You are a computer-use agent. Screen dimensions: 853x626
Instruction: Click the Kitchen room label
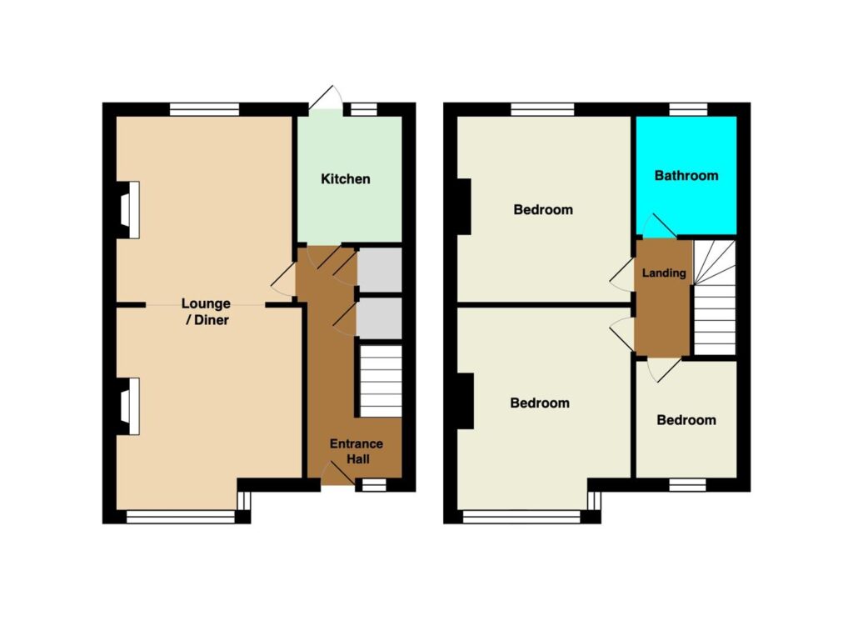click(x=346, y=178)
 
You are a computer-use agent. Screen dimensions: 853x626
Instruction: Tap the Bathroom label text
click(x=686, y=175)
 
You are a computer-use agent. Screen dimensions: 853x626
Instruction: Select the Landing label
click(x=664, y=273)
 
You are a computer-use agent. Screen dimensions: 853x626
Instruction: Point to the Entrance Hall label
click(x=357, y=451)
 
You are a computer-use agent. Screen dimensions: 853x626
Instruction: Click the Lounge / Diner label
click(x=206, y=312)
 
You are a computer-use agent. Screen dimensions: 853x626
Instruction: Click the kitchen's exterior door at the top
click(x=326, y=99)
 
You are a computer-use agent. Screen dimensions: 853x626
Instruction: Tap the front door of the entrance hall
click(x=337, y=473)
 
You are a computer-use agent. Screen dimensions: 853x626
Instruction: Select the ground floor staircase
click(x=381, y=380)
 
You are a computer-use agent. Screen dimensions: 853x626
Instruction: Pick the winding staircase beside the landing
click(x=714, y=298)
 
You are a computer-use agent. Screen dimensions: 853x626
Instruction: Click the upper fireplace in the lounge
click(x=129, y=209)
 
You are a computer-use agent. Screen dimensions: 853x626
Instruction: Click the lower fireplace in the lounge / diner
click(x=129, y=406)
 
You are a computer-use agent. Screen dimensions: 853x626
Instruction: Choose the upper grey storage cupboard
click(x=380, y=270)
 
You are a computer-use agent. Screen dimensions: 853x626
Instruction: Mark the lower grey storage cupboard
click(x=380, y=318)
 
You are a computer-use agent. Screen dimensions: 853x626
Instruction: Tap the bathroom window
click(x=688, y=109)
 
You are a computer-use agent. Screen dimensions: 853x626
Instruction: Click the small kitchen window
click(x=364, y=109)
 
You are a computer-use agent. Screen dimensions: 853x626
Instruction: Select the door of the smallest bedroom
click(x=664, y=369)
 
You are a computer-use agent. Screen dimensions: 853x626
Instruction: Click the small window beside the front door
click(x=374, y=484)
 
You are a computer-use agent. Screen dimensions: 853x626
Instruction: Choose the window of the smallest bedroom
click(x=687, y=484)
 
